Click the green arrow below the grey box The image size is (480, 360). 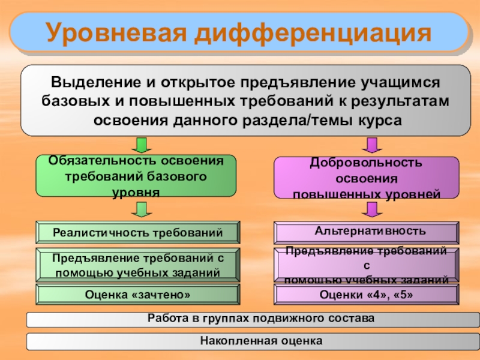[x=142, y=145]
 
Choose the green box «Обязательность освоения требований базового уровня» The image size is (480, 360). [x=136, y=176]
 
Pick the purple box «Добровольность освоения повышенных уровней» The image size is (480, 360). [x=366, y=178]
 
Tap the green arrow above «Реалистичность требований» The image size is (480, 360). [x=142, y=209]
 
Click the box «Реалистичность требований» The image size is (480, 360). [x=137, y=232]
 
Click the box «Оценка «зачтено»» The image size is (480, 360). [x=137, y=295]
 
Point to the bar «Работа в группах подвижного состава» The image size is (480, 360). [x=252, y=319]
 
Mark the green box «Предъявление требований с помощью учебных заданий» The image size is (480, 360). [x=137, y=265]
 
